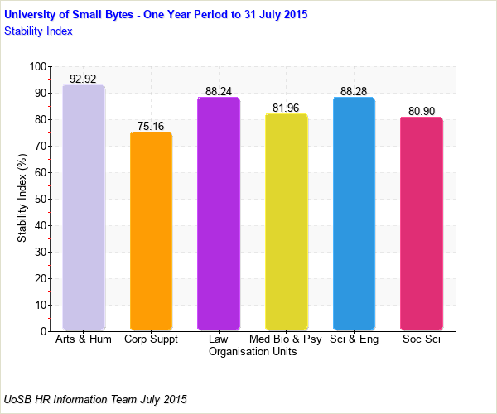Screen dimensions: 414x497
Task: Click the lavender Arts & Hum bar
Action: pos(84,207)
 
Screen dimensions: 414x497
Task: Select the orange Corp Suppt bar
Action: pos(151,231)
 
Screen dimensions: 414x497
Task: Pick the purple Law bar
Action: pos(219,214)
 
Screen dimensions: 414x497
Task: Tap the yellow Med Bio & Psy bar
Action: pos(286,222)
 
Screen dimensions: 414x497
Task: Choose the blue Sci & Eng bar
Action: pos(354,214)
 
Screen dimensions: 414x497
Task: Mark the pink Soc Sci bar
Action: pos(421,224)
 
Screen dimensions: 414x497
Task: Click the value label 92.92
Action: pos(84,79)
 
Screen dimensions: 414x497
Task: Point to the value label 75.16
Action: pos(151,126)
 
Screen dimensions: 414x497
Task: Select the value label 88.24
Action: pos(219,91)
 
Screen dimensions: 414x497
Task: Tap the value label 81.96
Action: pos(286,108)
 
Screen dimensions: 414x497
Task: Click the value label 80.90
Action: pos(421,111)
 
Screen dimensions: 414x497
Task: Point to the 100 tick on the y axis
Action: pos(37,67)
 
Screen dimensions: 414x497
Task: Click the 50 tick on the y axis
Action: pos(40,200)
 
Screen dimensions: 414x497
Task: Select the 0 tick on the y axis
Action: pos(43,331)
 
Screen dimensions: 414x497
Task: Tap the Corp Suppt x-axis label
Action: pos(151,339)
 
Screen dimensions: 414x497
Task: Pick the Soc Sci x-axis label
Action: pos(421,339)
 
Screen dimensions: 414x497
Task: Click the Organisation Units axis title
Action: pos(253,352)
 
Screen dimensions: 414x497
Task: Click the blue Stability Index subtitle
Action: pos(39,31)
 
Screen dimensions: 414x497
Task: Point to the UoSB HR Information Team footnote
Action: pos(96,399)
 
